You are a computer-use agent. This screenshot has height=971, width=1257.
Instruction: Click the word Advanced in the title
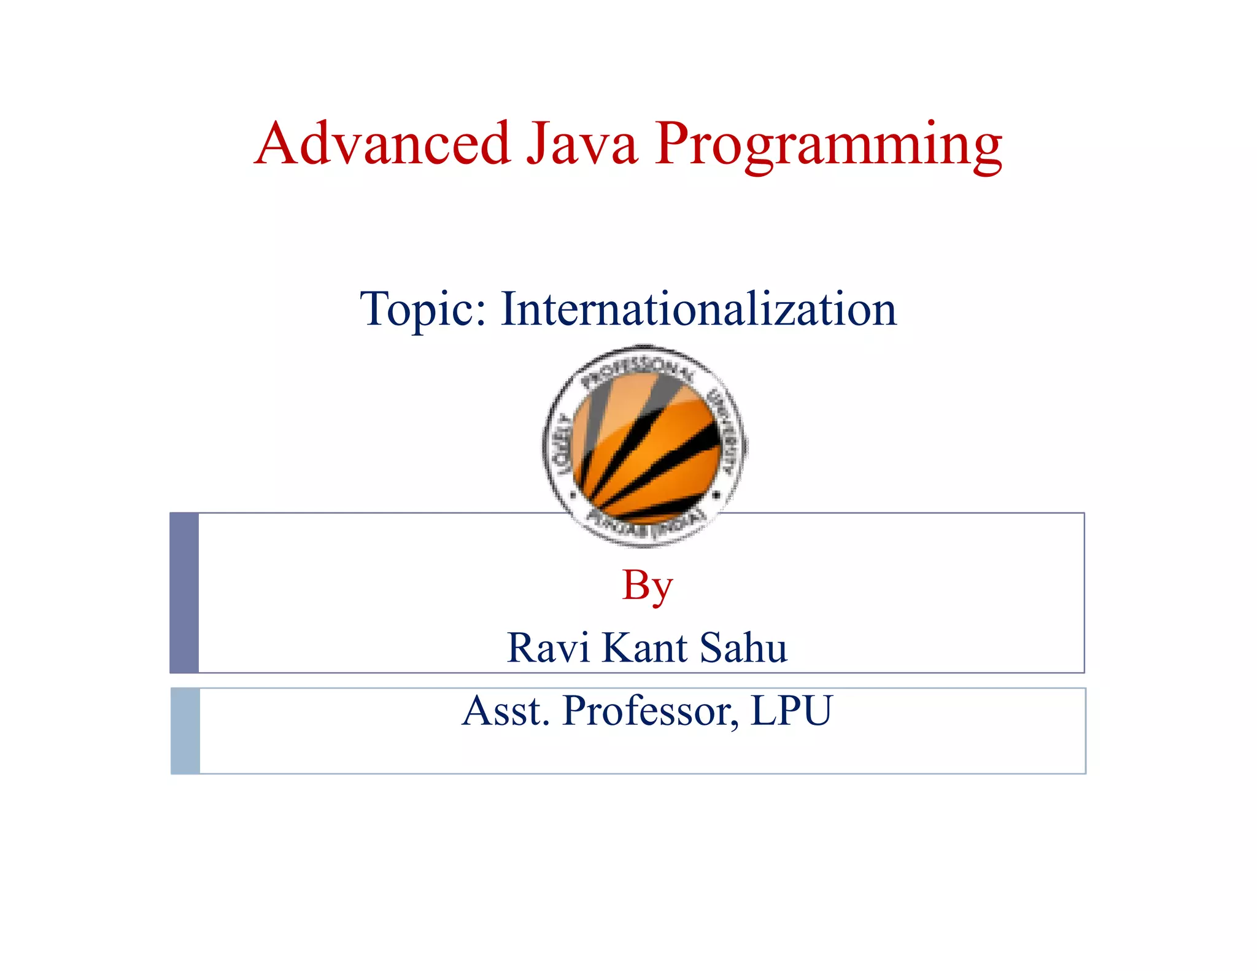[x=382, y=144]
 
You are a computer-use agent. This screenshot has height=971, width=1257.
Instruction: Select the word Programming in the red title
[x=828, y=146]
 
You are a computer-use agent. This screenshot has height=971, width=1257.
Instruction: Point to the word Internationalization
[x=698, y=309]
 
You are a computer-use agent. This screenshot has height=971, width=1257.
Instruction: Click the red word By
[x=647, y=586]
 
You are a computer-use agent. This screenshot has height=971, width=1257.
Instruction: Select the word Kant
[x=644, y=648]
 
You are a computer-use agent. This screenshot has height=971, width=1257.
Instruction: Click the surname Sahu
[x=743, y=648]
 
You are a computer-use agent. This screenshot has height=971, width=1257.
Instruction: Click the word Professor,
[x=651, y=711]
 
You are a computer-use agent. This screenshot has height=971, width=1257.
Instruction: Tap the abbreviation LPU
[x=791, y=711]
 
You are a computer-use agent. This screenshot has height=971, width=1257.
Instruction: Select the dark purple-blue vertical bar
[x=184, y=592]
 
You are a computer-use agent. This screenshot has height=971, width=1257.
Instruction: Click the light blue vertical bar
[x=185, y=730]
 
